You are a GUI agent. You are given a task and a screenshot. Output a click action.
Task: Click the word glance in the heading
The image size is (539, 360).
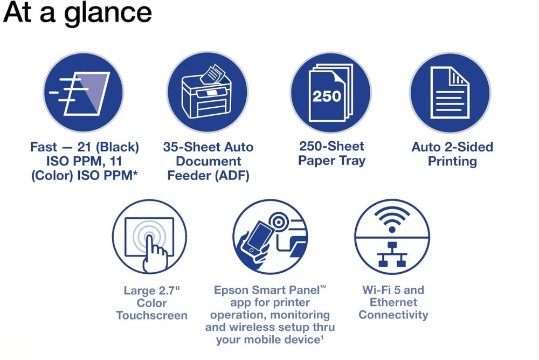[108, 14]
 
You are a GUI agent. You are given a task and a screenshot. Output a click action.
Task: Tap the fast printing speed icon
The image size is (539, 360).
[83, 93]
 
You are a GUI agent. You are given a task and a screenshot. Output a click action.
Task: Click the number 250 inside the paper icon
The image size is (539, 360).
[327, 96]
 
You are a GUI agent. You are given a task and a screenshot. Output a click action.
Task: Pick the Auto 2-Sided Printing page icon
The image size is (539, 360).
[450, 93]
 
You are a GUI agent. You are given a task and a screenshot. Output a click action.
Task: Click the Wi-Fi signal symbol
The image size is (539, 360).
[392, 220]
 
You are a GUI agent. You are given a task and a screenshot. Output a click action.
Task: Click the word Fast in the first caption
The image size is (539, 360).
[43, 147]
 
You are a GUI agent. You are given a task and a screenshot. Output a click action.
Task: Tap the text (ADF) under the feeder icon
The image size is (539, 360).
[232, 175]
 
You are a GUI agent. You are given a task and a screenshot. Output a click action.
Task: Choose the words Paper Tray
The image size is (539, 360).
[331, 160]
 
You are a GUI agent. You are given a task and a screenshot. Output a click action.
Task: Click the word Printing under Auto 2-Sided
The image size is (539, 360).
[452, 161]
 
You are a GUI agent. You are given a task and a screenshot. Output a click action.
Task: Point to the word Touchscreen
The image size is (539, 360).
[151, 315]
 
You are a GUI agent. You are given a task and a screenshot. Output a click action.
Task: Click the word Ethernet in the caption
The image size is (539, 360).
[393, 302]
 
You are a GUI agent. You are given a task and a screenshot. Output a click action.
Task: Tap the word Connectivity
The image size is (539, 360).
[393, 315]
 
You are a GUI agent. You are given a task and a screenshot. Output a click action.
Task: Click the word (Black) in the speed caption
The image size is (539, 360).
[117, 147]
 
